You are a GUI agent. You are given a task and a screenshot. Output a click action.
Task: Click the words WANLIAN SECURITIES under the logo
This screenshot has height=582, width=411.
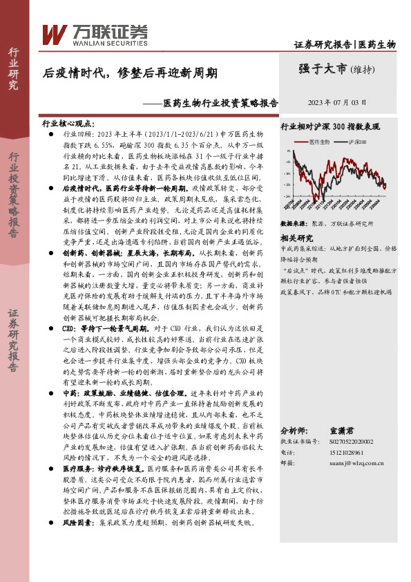pos(97,41)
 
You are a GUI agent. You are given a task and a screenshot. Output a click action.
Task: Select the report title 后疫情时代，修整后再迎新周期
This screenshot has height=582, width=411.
pos(131,71)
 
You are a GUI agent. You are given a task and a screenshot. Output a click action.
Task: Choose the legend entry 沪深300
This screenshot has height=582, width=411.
pos(356,142)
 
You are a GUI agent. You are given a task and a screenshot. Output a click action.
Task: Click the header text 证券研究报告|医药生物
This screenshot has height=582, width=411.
pos(345,44)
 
